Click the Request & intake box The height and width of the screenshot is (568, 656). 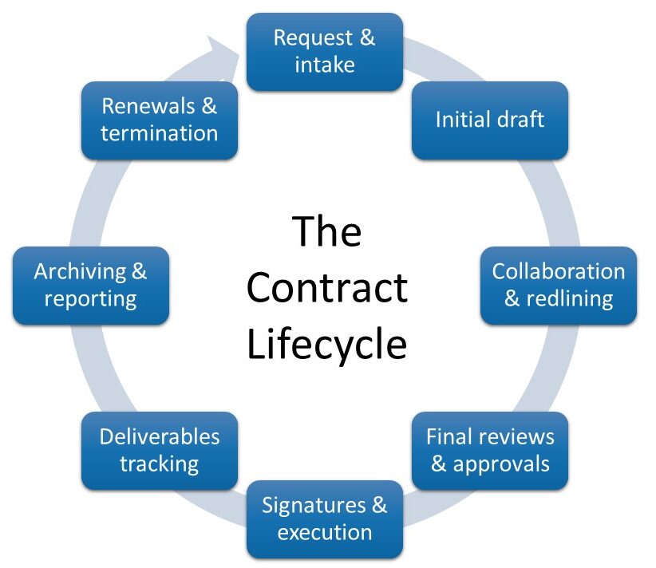tap(324, 51)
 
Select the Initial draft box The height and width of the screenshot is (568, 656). tap(489, 120)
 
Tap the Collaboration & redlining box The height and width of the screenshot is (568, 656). tap(558, 285)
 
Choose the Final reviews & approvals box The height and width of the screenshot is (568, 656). tap(489, 450)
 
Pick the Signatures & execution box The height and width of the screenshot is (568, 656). tap(324, 519)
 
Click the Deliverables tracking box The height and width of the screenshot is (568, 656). tap(159, 450)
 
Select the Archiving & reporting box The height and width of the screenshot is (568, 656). tap(90, 285)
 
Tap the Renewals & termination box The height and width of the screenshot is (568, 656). tap(159, 120)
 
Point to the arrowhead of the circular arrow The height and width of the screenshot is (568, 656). tap(228, 49)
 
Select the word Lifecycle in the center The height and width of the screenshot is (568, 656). tap(327, 345)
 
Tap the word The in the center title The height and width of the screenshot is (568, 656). tap(327, 231)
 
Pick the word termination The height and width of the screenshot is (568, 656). tap(159, 133)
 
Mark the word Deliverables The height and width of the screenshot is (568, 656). tap(159, 436)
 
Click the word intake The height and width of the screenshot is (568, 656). tap(324, 65)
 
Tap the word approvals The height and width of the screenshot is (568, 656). tap(501, 463)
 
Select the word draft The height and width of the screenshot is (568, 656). tap(520, 120)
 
